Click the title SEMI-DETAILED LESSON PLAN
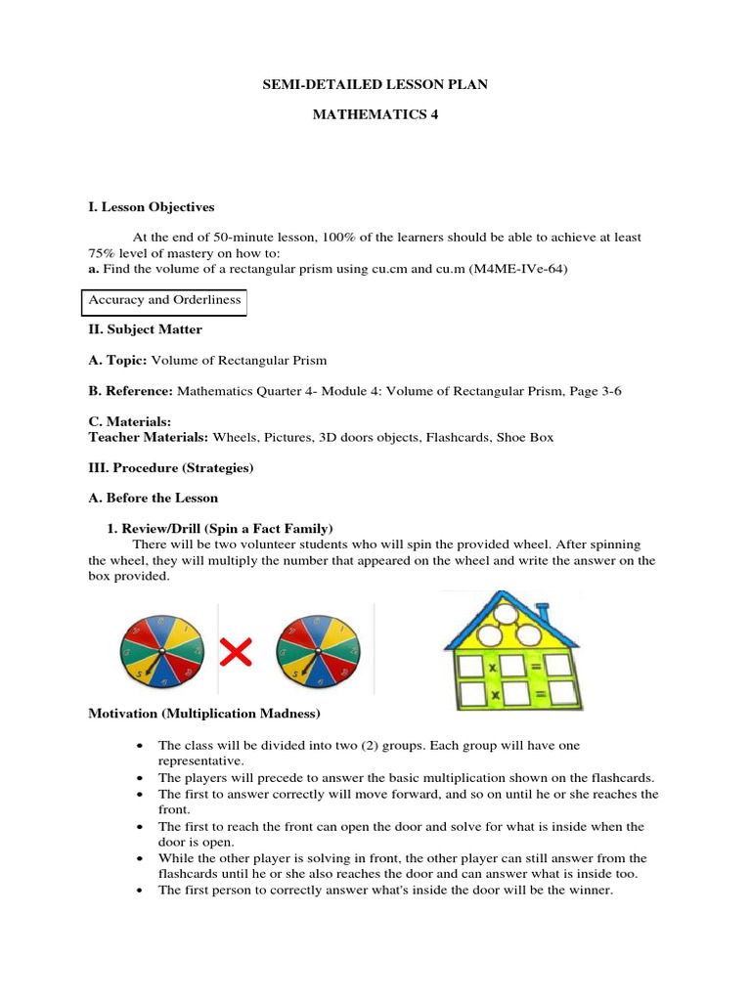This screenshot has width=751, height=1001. point(375,85)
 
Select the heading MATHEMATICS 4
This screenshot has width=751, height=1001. point(375,115)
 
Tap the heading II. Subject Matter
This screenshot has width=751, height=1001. point(145,330)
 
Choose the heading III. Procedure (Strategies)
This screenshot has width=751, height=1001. point(171,467)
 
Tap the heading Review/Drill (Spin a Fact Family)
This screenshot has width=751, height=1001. point(228,528)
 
